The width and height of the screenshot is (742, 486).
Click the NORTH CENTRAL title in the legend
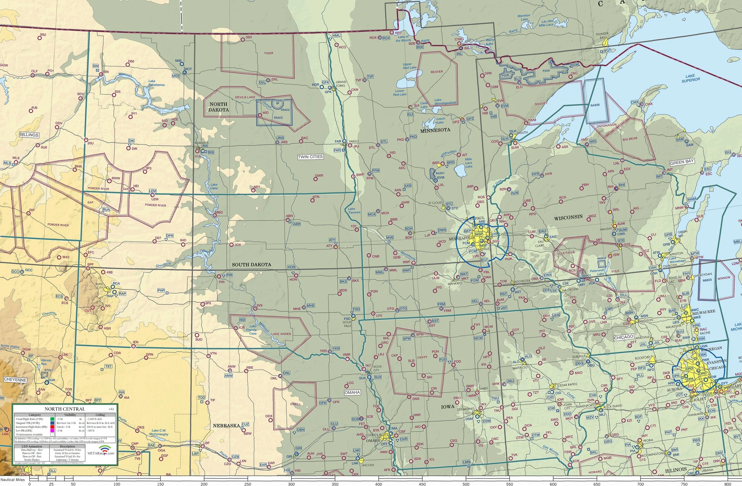(64, 409)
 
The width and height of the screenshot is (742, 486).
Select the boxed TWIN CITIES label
(310, 157)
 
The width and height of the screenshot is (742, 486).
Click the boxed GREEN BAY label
(682, 162)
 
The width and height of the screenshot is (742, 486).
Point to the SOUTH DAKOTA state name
(251, 265)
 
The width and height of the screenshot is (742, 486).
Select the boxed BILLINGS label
(29, 135)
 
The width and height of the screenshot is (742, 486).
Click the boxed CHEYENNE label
(15, 380)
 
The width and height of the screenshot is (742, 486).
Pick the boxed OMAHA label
(352, 392)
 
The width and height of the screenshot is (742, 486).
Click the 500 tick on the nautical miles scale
(466, 484)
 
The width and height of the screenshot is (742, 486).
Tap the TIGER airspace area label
(268, 53)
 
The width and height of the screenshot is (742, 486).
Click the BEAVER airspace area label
(437, 72)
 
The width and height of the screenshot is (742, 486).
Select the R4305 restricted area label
(595, 105)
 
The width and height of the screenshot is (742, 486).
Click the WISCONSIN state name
(568, 217)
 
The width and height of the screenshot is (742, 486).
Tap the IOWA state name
(448, 407)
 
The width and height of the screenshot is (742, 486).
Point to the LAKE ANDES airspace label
(281, 334)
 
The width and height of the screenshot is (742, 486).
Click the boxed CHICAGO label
(624, 338)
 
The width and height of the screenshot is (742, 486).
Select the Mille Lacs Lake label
(469, 163)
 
